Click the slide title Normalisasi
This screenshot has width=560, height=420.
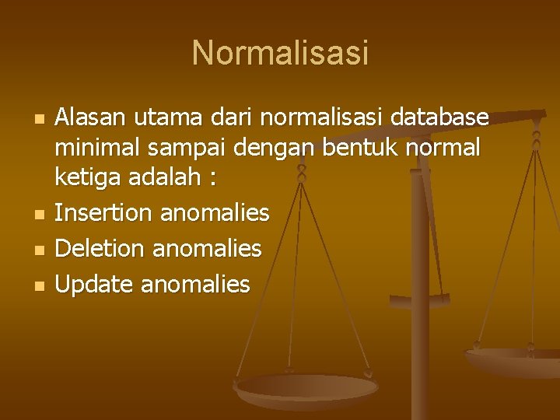click(x=280, y=54)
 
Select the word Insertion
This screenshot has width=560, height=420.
click(x=102, y=212)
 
